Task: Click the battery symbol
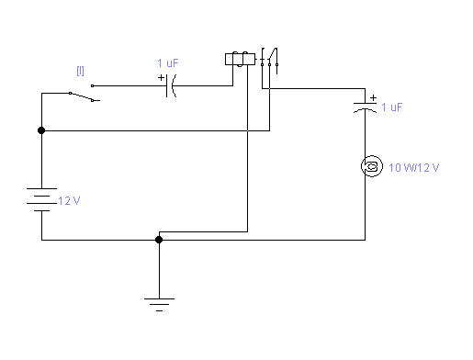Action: coord(41,200)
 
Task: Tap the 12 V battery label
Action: coord(71,201)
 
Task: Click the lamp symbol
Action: coord(372,166)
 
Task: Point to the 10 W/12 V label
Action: coord(414,167)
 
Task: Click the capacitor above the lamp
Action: coord(366,108)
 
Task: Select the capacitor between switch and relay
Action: coord(172,86)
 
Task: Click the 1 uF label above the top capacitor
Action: coord(169,63)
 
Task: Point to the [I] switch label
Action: coord(80,70)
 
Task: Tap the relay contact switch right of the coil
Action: coord(268,58)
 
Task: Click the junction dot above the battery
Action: coord(41,130)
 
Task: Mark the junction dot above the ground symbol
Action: coord(159,240)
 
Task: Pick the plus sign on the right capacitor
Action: coord(373,96)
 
